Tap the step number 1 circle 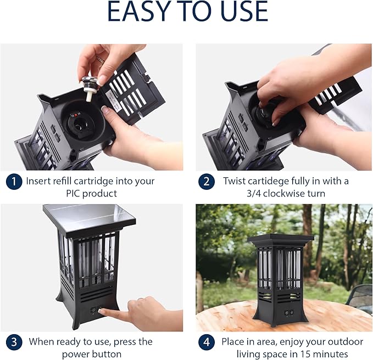click(x=14, y=182)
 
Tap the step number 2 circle click(x=206, y=182)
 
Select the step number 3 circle click(x=14, y=342)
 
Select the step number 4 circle click(x=206, y=342)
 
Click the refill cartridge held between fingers click(x=89, y=88)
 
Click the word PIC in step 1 click(x=73, y=193)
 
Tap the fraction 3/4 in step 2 click(x=253, y=193)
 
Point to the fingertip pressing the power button click(x=101, y=311)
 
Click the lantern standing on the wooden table click(x=280, y=280)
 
